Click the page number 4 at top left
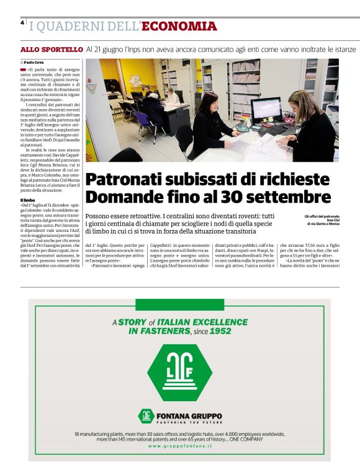(22, 22)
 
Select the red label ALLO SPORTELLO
(52, 48)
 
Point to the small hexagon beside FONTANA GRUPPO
(146, 416)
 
